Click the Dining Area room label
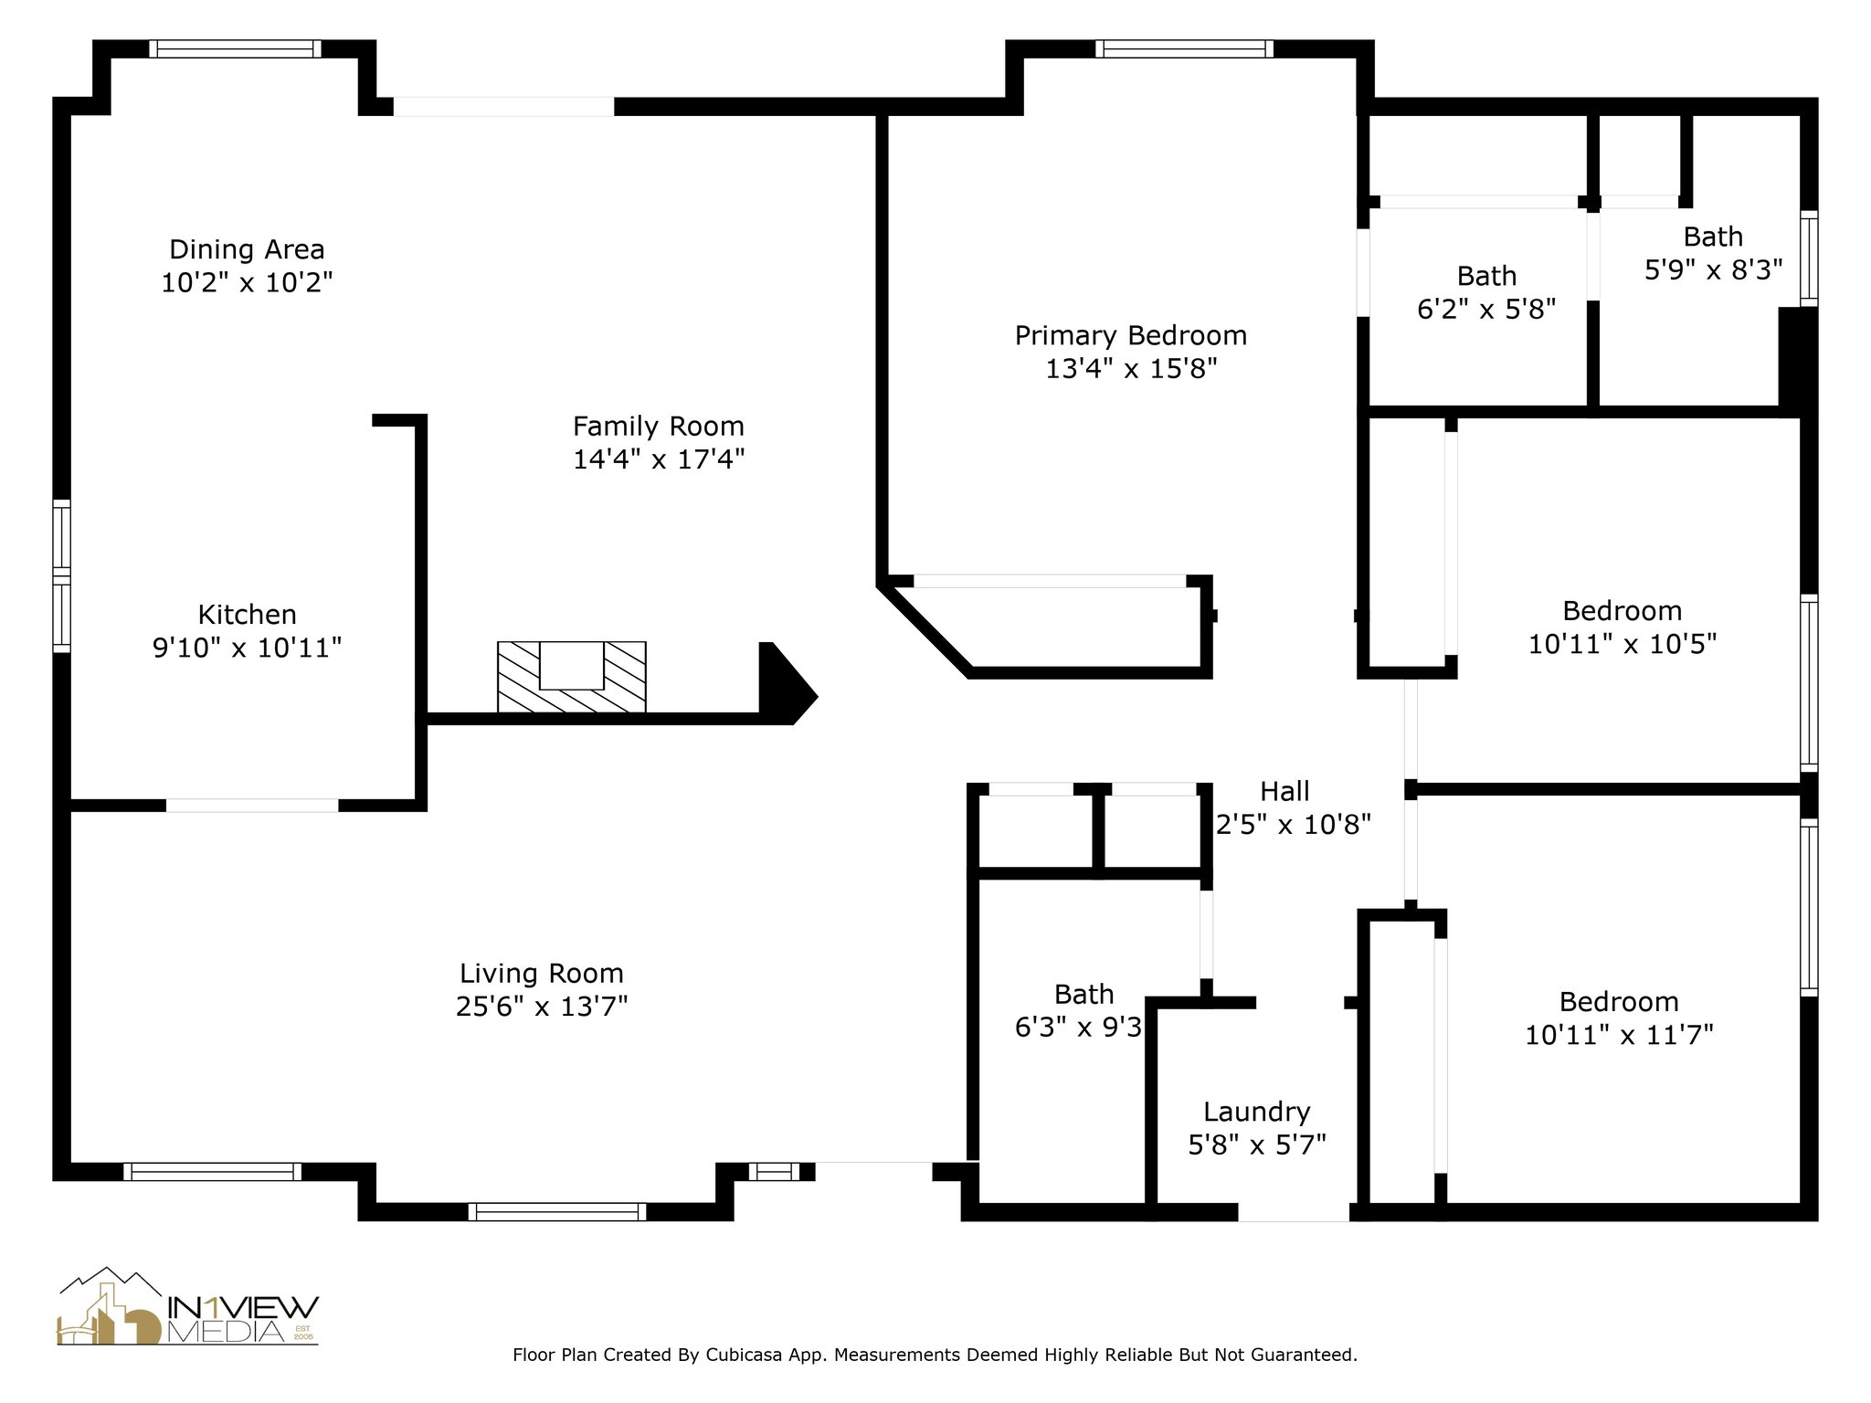(247, 249)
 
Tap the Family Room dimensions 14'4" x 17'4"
(659, 459)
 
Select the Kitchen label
(247, 614)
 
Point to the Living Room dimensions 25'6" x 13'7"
(542, 1007)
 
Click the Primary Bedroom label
(1131, 336)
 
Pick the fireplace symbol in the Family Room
(572, 677)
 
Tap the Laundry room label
(1257, 1112)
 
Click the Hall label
(1284, 791)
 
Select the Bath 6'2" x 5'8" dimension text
(1486, 310)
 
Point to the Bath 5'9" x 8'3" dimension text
(1714, 269)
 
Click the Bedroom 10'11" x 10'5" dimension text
(1623, 644)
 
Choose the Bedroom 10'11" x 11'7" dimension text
(1619, 1035)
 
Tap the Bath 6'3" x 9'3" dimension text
(1078, 1028)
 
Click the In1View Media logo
(187, 1307)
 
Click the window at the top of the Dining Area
(236, 48)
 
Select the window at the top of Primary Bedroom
(1184, 48)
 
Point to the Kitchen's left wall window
(61, 575)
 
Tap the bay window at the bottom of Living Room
(557, 1212)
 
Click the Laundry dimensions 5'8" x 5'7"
(1257, 1145)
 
